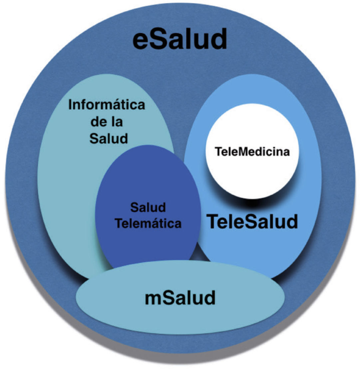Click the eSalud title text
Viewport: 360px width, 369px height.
click(180, 40)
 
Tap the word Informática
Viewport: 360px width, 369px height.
click(107, 106)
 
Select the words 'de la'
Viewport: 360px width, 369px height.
click(107, 122)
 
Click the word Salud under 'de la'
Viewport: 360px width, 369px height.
click(108, 138)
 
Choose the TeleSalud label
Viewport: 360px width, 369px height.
click(252, 221)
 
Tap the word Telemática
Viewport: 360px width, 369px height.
click(148, 223)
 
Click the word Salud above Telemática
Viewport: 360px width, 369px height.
click(148, 208)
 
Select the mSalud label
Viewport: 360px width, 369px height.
click(180, 298)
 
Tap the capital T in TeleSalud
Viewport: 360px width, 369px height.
click(213, 221)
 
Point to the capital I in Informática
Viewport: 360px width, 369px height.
click(70, 106)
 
